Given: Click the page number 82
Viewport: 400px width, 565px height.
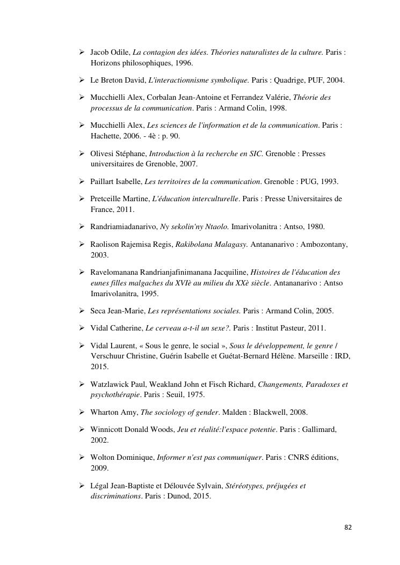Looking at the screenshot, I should tap(348, 527).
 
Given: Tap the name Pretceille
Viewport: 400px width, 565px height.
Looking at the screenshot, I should tap(108, 199).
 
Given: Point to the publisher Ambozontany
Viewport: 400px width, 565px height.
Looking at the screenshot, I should tap(322, 244).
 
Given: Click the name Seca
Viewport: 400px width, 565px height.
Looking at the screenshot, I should tap(99, 311).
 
